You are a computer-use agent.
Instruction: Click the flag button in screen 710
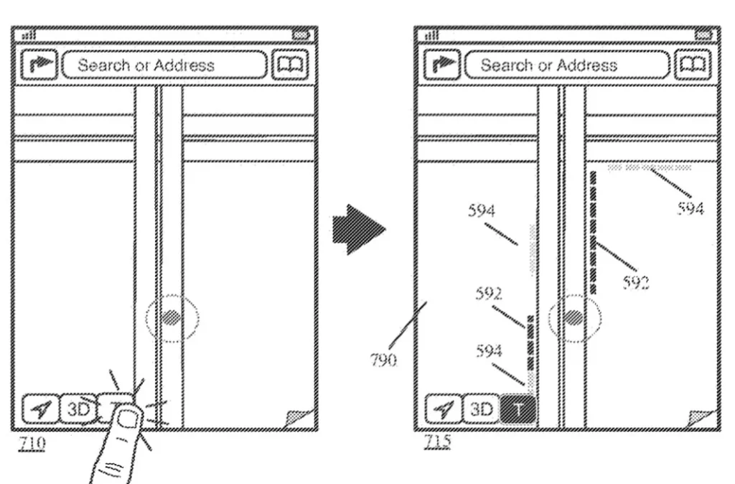point(40,65)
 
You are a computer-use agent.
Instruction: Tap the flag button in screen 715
point(443,65)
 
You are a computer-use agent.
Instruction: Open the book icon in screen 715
point(693,65)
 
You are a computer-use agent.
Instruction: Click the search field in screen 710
point(164,65)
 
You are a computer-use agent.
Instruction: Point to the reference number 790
point(383,360)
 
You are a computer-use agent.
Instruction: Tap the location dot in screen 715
point(574,317)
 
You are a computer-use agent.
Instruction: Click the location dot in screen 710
point(171,317)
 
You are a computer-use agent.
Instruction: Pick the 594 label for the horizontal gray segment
point(691,208)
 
